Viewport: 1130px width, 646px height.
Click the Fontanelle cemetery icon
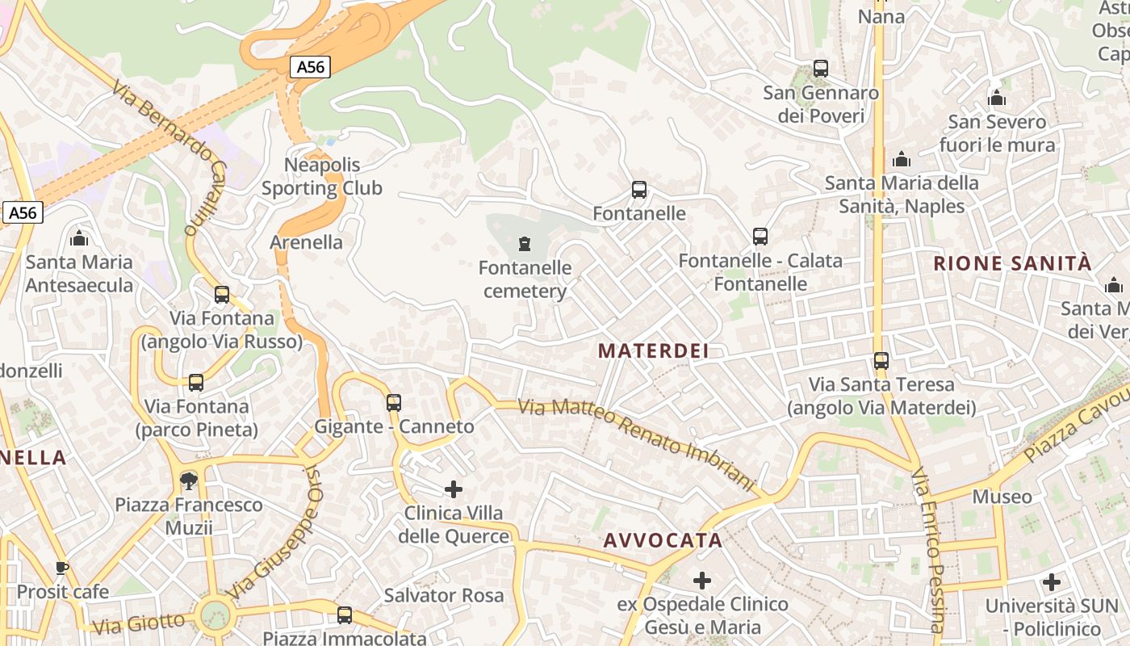[x=525, y=243]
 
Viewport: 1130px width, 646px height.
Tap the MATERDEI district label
[x=654, y=350]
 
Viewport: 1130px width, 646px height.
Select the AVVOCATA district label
[x=663, y=540]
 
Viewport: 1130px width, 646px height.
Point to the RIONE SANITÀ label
[x=1012, y=263]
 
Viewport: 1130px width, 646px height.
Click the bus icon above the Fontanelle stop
[x=639, y=191]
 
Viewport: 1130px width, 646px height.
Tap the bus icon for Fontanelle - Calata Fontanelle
[x=760, y=237]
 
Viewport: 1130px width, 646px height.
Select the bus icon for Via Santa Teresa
[x=881, y=361]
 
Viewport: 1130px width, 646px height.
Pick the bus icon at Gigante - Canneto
[x=394, y=402]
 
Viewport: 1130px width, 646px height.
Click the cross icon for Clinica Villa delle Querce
[x=454, y=489]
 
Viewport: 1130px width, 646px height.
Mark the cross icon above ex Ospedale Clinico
[x=702, y=580]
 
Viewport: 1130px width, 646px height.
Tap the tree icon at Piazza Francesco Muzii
[x=189, y=481]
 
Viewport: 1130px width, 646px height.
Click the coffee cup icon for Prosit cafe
[x=62, y=568]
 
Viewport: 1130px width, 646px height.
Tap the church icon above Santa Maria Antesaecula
[x=79, y=238]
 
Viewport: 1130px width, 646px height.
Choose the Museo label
[x=1002, y=497]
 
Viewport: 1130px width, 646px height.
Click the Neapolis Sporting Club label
[x=322, y=177]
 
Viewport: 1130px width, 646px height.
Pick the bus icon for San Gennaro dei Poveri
[x=821, y=69]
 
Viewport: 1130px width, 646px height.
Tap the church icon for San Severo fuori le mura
[x=997, y=99]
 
